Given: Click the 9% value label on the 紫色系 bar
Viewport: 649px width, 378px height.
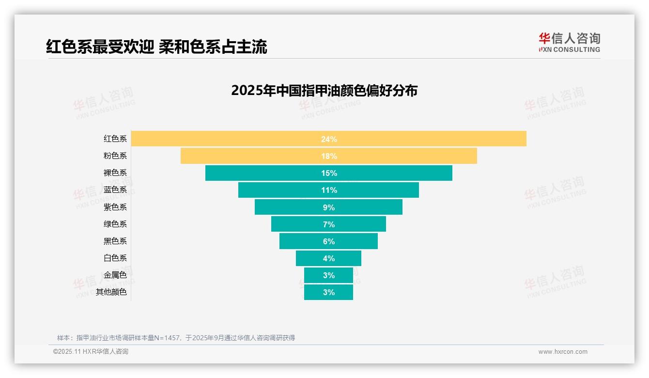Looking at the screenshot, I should [x=328, y=207].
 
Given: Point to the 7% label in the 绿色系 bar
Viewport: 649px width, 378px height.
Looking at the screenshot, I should [x=328, y=224].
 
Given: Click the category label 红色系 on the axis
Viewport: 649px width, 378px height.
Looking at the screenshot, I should [x=115, y=139].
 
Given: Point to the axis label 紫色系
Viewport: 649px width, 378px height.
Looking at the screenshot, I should [x=115, y=207].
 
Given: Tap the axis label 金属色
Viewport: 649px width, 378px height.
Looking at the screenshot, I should [x=115, y=275].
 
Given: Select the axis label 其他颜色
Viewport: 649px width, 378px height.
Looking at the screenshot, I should [x=111, y=292].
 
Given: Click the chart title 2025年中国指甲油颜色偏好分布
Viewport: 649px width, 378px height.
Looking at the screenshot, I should [x=324, y=91].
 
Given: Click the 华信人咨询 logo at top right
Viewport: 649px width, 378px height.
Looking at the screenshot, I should [x=569, y=42].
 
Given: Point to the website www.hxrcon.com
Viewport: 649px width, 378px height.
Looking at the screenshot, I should [x=562, y=352].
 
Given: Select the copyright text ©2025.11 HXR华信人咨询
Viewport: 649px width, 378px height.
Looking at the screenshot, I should [x=91, y=352].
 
